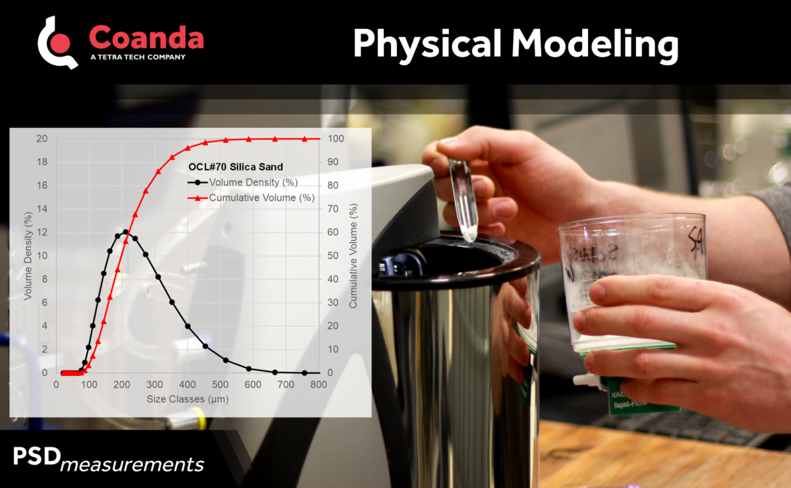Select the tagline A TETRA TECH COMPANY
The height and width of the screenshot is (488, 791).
pyautogui.click(x=137, y=57)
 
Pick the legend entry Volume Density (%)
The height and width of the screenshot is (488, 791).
pyautogui.click(x=252, y=182)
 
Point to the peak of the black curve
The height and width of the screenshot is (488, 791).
pyautogui.click(x=126, y=232)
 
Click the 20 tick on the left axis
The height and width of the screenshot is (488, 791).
pyautogui.click(x=42, y=139)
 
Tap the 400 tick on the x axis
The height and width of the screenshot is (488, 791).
pyautogui.click(x=187, y=385)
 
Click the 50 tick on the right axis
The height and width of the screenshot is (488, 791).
pyautogui.click(x=334, y=256)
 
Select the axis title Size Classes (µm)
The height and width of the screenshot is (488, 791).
pyautogui.click(x=187, y=399)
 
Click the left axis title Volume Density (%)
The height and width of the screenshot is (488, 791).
pyautogui.click(x=28, y=255)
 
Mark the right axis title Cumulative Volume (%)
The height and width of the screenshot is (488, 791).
pyautogui.click(x=353, y=256)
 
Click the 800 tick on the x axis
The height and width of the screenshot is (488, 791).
pyautogui.click(x=319, y=385)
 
